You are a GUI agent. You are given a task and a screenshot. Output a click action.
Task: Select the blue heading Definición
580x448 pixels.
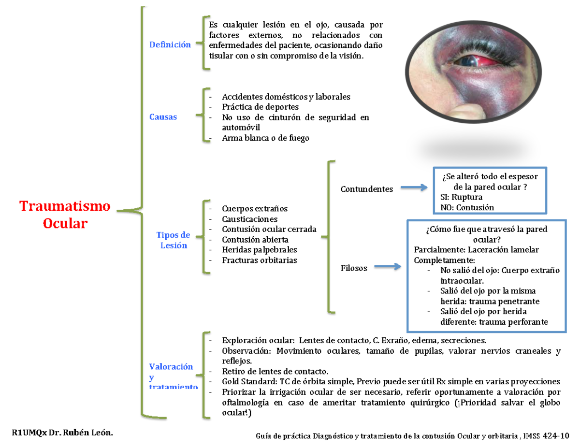click(x=170, y=44)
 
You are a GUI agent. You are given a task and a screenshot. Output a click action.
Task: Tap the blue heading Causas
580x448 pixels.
click(x=163, y=117)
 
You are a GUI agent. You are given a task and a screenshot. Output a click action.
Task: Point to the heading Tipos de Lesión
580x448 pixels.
click(x=173, y=240)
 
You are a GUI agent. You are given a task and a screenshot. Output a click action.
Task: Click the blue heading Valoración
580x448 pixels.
click(x=171, y=366)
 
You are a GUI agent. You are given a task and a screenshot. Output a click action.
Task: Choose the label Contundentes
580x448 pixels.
click(x=366, y=189)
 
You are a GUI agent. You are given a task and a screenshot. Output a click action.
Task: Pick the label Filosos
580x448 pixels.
click(x=354, y=267)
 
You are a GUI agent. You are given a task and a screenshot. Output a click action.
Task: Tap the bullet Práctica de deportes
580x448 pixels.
click(x=260, y=107)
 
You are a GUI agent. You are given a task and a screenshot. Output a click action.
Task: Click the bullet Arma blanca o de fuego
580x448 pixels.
click(x=265, y=138)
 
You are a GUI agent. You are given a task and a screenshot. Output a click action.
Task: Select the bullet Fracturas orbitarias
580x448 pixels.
click(x=260, y=260)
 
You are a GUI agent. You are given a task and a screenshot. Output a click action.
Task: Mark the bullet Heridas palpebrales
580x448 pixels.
click(x=260, y=250)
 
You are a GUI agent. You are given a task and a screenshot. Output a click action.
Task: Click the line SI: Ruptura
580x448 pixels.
click(x=461, y=197)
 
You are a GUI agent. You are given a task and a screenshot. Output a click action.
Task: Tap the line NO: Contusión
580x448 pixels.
click(x=467, y=207)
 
